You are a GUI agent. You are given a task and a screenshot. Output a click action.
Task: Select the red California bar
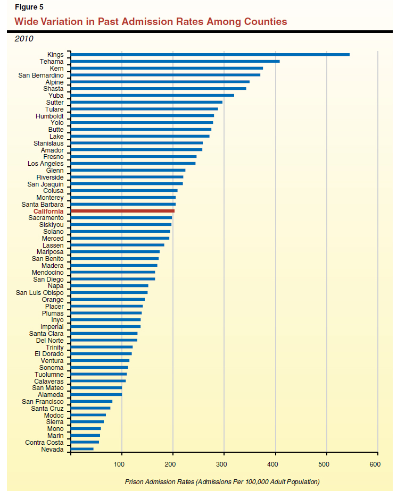pyautogui.click(x=122, y=211)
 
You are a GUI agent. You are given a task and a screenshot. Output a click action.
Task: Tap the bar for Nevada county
pyautogui.click(x=82, y=449)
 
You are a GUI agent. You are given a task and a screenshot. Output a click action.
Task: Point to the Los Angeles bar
pyautogui.click(x=133, y=164)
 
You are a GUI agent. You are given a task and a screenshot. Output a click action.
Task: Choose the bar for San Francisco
pyautogui.click(x=92, y=401)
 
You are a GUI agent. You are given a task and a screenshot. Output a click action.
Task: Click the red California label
pyautogui.click(x=48, y=211)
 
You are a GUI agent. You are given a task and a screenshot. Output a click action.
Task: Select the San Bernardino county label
pyautogui.click(x=41, y=75)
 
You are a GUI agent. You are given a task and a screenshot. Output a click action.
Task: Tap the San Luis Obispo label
pyautogui.click(x=40, y=293)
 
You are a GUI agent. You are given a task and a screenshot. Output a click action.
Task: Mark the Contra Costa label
pyautogui.click(x=44, y=442)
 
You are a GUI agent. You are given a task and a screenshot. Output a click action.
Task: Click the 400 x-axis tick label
pyautogui.click(x=273, y=464)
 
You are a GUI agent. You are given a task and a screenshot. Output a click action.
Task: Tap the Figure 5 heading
pyautogui.click(x=29, y=7)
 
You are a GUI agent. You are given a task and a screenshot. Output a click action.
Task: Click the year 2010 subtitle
pyautogui.click(x=24, y=39)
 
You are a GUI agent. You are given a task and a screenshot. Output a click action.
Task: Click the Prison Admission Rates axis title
pyautogui.click(x=222, y=481)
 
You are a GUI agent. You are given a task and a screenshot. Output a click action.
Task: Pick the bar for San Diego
pyautogui.click(x=113, y=279)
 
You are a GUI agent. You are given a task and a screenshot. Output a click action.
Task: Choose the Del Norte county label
pyautogui.click(x=49, y=340)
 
